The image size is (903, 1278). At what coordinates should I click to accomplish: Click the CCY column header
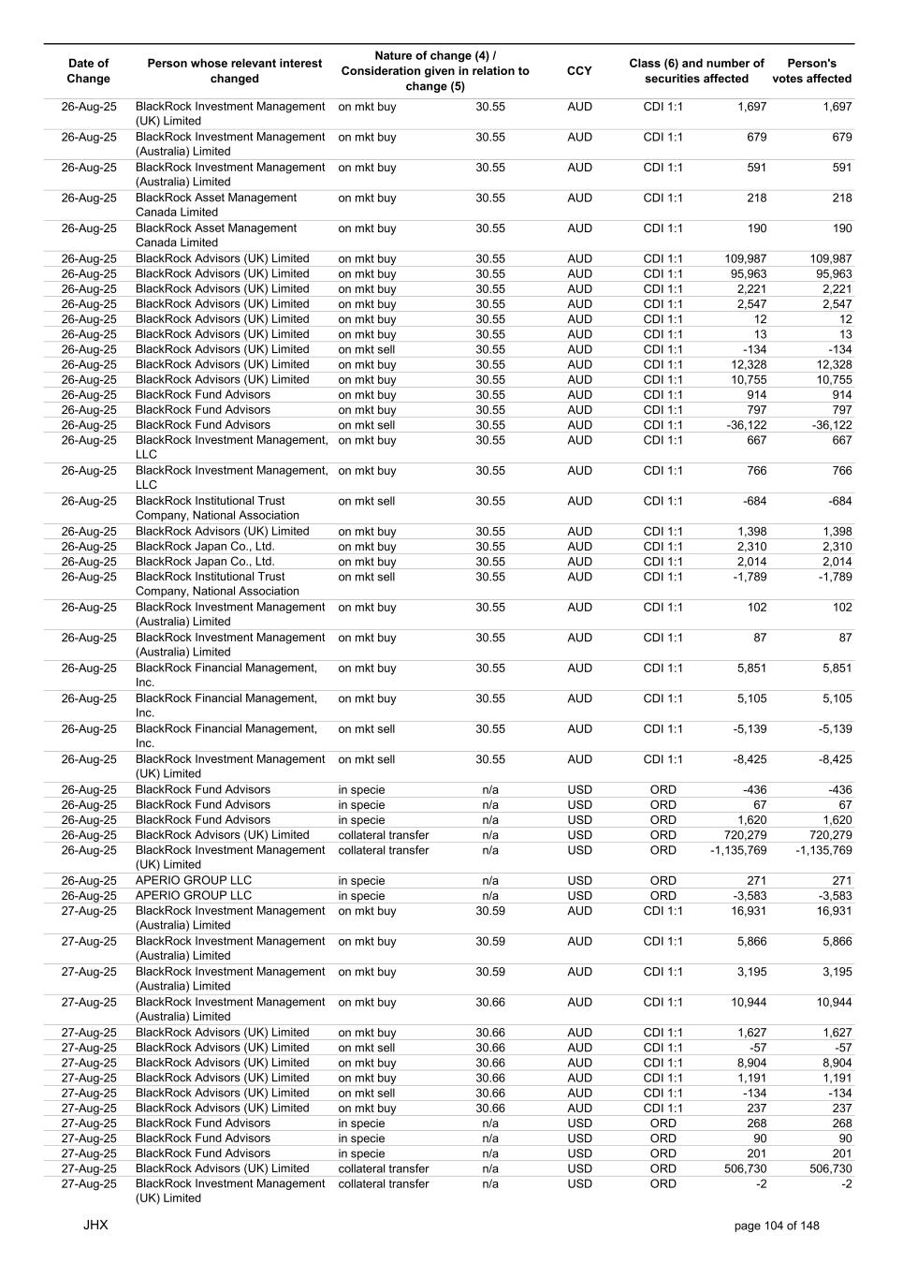[579, 71]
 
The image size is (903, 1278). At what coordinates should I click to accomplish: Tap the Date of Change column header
[89, 71]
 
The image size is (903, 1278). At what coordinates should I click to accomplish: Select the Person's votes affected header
[811, 71]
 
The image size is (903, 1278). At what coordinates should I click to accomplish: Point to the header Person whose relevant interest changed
[234, 71]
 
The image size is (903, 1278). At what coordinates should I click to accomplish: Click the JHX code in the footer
[95, 1225]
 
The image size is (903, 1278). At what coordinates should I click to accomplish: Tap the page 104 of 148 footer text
[777, 1226]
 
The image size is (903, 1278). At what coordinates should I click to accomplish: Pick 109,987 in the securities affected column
[746, 258]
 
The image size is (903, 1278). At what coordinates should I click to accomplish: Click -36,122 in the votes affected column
[829, 425]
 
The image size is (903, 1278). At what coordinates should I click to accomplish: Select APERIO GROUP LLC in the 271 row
[194, 880]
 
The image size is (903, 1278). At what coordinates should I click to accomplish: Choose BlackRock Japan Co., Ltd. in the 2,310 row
[205, 547]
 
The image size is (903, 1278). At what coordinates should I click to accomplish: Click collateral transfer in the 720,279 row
[384, 835]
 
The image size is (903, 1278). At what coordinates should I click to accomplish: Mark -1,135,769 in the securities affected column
[738, 850]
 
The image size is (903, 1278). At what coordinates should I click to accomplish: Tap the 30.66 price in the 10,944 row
[490, 1002]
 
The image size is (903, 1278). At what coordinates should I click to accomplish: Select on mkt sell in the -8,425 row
[367, 759]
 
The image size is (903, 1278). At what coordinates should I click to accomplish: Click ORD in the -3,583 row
[663, 896]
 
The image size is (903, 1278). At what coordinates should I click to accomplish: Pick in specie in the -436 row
[361, 789]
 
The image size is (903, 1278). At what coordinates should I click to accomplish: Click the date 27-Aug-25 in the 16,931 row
[89, 911]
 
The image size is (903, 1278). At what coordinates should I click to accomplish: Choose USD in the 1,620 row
[579, 820]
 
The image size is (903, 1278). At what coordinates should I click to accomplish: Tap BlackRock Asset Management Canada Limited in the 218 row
[216, 205]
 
